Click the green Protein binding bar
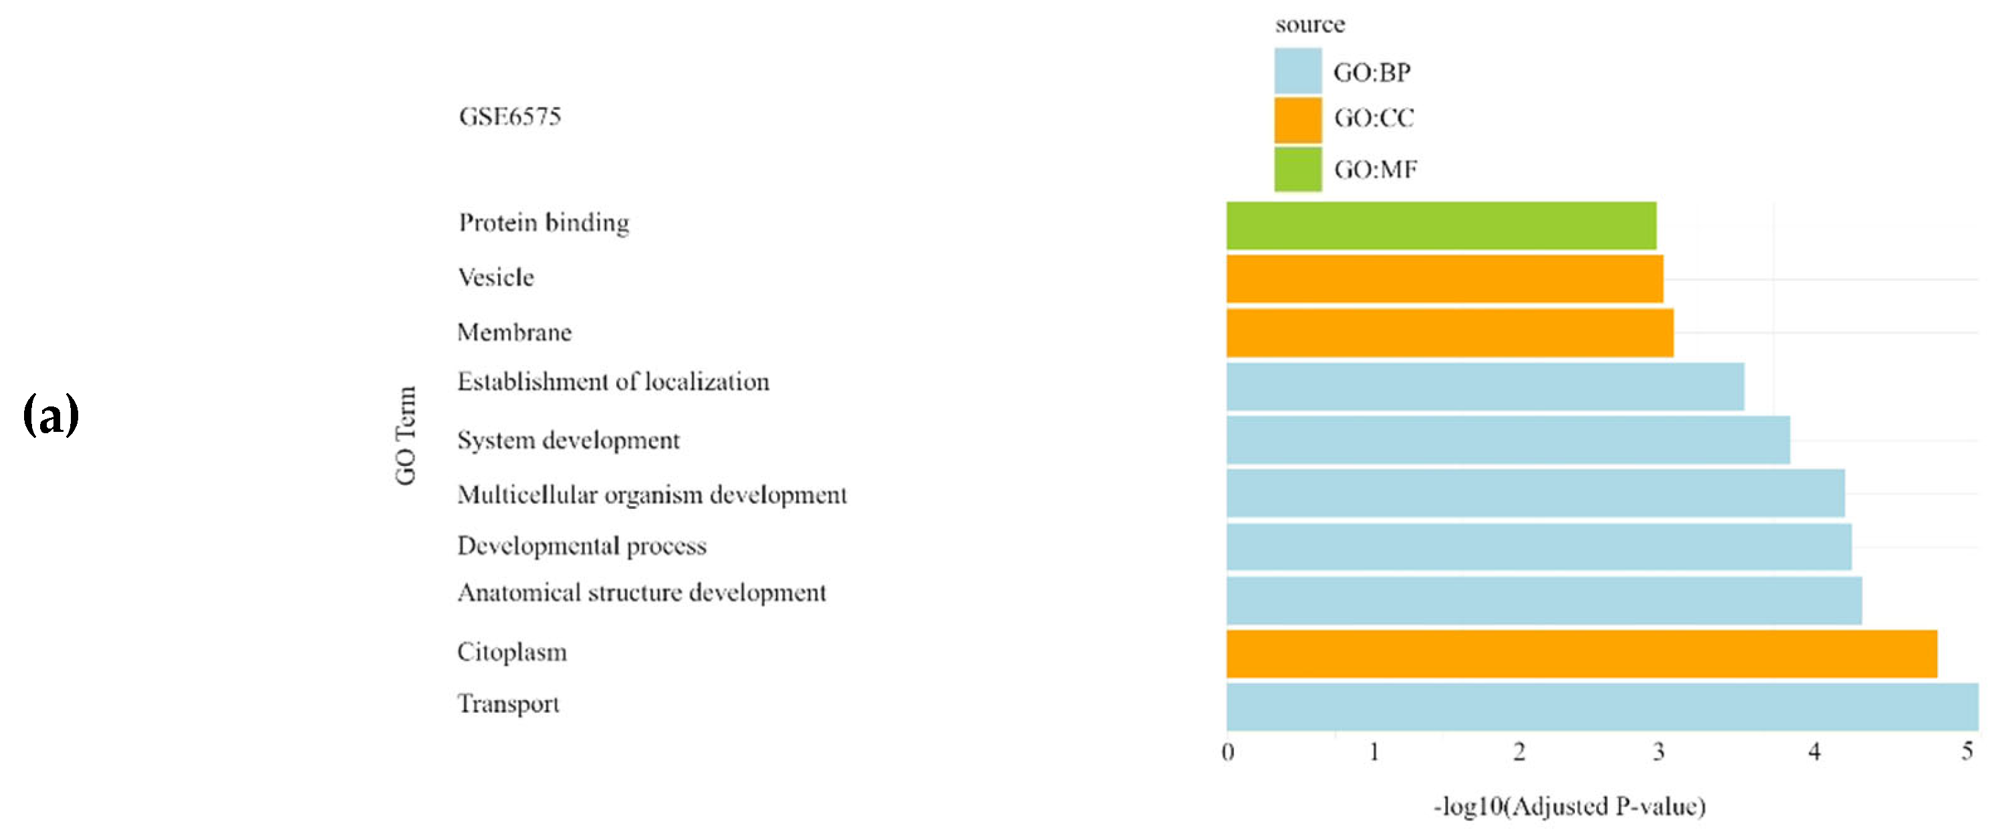coord(1441,225)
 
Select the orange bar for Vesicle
coord(1445,279)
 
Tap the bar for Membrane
coord(1449,333)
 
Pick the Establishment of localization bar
coord(1485,386)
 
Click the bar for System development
coord(1507,440)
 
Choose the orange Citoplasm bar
coord(1581,654)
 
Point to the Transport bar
coord(1602,707)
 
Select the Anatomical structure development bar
coord(1543,600)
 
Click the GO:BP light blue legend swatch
coord(1298,70)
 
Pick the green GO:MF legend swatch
coord(1298,169)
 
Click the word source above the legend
coord(1309,25)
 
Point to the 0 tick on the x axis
coord(1227,751)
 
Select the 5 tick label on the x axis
coord(1967,751)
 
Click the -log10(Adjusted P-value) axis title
coord(1569,806)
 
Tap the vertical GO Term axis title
coord(405,435)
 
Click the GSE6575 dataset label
coord(509,117)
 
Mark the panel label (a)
coord(51,414)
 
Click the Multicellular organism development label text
coord(652,495)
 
